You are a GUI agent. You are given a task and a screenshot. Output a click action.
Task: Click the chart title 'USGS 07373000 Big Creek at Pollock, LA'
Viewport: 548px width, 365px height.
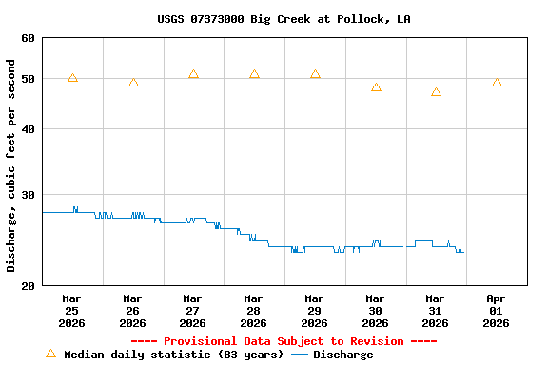(284, 19)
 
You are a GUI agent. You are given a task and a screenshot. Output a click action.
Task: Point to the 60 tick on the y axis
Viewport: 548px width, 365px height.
(27, 38)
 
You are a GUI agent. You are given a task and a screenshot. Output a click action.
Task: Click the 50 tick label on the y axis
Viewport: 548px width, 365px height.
(27, 79)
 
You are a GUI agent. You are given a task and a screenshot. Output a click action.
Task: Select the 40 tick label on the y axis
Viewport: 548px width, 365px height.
(27, 129)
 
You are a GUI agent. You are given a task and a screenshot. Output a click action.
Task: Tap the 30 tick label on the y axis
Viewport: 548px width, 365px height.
(27, 195)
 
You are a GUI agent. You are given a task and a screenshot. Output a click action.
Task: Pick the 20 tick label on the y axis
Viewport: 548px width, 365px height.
(27, 285)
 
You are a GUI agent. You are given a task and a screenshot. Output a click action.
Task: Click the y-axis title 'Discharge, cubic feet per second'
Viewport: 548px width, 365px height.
(11, 165)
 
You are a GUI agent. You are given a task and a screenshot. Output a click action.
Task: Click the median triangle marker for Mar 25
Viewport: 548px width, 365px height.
(72, 78)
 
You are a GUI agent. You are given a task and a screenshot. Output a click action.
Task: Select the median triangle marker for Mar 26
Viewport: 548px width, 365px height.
(133, 83)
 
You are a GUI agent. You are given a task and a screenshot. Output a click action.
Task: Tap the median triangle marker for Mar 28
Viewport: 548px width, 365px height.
(254, 74)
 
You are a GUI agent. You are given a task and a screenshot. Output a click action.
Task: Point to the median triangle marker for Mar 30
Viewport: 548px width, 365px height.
(376, 87)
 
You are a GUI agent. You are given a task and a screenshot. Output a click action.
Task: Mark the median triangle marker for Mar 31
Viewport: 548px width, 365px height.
(436, 92)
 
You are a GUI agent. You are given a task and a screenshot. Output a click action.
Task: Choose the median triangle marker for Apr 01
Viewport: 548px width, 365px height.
(497, 83)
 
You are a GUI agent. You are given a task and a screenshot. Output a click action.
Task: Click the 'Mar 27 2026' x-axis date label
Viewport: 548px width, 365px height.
(193, 311)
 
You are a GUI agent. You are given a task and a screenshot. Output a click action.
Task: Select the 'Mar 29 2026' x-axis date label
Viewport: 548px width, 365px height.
(314, 311)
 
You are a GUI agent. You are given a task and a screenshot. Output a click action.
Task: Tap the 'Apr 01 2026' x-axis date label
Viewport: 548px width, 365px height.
(496, 311)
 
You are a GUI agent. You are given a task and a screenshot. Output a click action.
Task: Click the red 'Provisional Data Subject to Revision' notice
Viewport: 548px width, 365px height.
(284, 341)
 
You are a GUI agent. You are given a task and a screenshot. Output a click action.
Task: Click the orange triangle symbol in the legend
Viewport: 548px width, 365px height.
(50, 354)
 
